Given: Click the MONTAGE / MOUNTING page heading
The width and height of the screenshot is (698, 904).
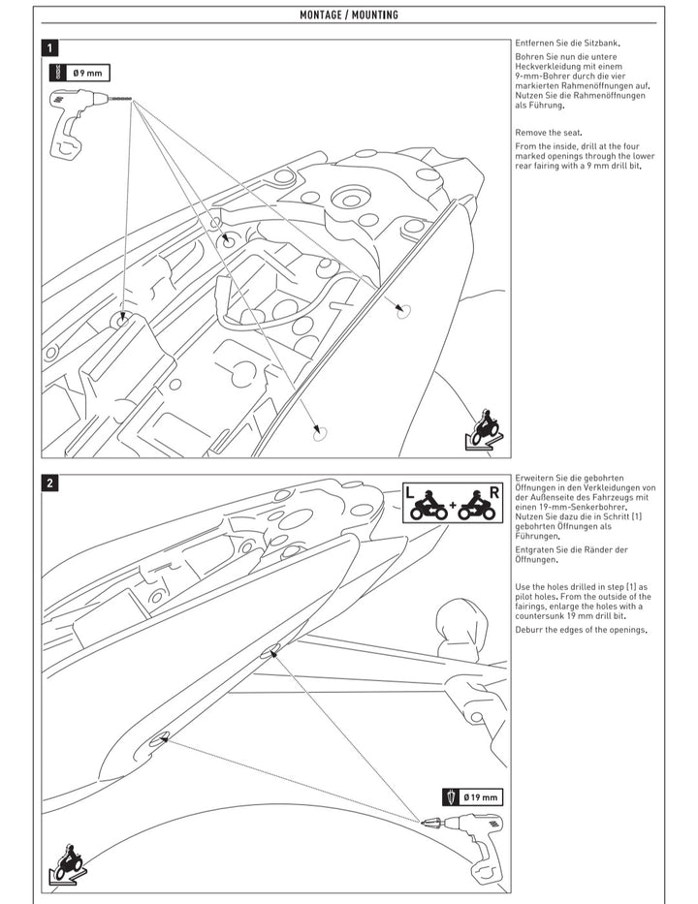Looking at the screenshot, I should click(x=348, y=16).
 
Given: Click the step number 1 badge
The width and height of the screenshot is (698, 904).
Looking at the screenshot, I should click(x=50, y=47).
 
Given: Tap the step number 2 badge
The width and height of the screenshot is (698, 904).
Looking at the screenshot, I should click(x=50, y=483).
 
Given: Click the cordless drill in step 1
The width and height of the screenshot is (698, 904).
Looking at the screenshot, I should click(x=76, y=120).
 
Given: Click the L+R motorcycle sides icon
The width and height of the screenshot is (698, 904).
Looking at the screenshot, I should click(x=453, y=503).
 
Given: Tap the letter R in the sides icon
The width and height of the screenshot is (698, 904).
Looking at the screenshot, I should click(x=494, y=492).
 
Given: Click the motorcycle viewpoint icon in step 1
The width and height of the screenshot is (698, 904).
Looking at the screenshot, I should click(x=482, y=429).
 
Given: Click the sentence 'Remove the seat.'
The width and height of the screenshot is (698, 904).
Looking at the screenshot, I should click(x=548, y=132).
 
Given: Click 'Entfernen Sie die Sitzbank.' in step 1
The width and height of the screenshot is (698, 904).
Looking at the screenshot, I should click(x=567, y=44).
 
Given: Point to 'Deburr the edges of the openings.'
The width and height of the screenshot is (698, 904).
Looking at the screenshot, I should click(x=581, y=630).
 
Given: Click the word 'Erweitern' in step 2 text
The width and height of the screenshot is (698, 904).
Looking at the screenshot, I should click(x=535, y=479).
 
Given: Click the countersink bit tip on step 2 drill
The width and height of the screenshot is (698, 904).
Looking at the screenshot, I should click(x=425, y=822).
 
